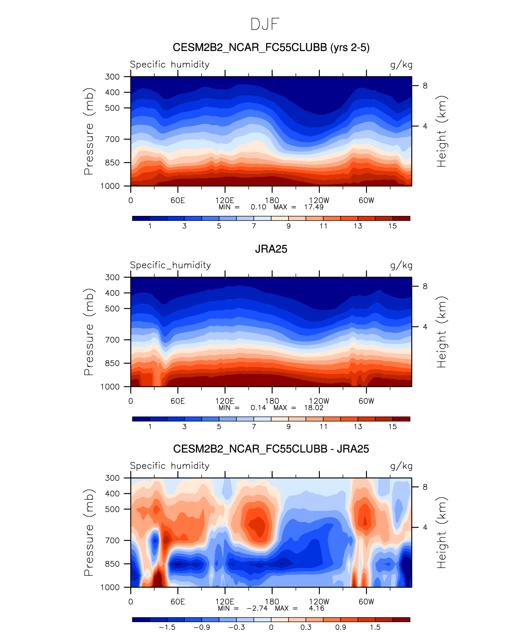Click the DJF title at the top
[x=265, y=24]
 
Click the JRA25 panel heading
[x=271, y=249]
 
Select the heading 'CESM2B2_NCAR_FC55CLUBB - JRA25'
[x=271, y=449]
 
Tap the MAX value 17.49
[x=314, y=207]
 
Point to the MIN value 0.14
[x=258, y=407]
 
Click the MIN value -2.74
[x=257, y=608]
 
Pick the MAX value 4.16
[x=317, y=608]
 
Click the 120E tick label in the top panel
[x=225, y=200]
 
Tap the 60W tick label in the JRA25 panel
[x=366, y=401]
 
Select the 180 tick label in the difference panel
[x=272, y=601]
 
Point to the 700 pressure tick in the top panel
[x=112, y=139]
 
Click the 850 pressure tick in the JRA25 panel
[x=112, y=363]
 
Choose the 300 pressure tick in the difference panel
[x=112, y=478]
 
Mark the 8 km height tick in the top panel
[x=425, y=86]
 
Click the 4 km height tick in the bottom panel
[x=425, y=528]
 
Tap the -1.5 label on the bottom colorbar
[x=167, y=627]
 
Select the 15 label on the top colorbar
[x=393, y=226]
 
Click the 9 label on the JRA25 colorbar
[x=288, y=426]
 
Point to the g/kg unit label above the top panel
[x=401, y=65]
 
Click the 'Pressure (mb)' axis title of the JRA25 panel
[x=89, y=332]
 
